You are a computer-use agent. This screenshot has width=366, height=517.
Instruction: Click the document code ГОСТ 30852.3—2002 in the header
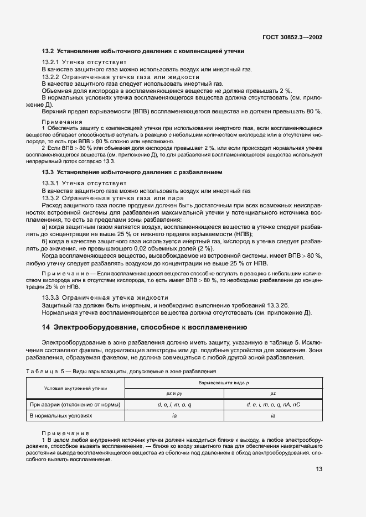tap(292, 38)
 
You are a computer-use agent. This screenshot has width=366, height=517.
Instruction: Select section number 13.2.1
tap(51, 62)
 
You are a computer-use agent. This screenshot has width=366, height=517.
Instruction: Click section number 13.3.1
tap(51, 183)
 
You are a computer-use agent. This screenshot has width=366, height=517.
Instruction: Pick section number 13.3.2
tap(51, 197)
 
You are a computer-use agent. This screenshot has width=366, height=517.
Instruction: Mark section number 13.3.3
tap(51, 297)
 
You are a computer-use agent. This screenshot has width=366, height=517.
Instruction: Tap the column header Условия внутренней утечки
tap(75, 388)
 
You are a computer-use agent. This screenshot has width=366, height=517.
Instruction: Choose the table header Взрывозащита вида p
tap(224, 383)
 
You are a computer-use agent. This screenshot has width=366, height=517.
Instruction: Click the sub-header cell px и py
tap(174, 393)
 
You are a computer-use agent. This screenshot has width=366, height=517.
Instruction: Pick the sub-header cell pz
tap(273, 393)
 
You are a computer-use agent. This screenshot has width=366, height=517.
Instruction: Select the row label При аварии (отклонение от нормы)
tap(75, 404)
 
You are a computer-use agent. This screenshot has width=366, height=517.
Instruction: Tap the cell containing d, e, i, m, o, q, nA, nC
tap(273, 404)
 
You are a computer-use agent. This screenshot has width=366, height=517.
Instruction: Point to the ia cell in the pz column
tap(273, 415)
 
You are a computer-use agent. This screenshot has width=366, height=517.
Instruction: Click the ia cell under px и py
tap(174, 415)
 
